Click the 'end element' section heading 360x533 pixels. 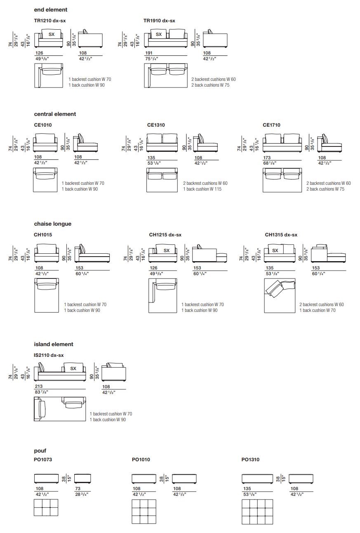[50, 9]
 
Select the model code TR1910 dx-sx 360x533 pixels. [159, 20]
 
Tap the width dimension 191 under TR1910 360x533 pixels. [148, 53]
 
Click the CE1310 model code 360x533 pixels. [156, 125]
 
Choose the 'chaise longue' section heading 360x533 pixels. [52, 224]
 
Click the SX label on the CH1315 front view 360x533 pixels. [275, 250]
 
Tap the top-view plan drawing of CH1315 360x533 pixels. [280, 295]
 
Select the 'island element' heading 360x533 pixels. [54, 344]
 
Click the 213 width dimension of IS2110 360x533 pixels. [39, 387]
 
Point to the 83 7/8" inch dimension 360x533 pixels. [42, 392]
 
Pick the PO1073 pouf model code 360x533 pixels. [43, 459]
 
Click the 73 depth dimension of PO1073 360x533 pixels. [78, 488]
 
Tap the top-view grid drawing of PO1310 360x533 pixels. [257, 512]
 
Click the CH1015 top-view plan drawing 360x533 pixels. [47, 295]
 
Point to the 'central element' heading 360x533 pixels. [55, 114]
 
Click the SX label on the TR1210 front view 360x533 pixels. [52, 35]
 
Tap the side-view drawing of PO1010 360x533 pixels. [185, 479]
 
